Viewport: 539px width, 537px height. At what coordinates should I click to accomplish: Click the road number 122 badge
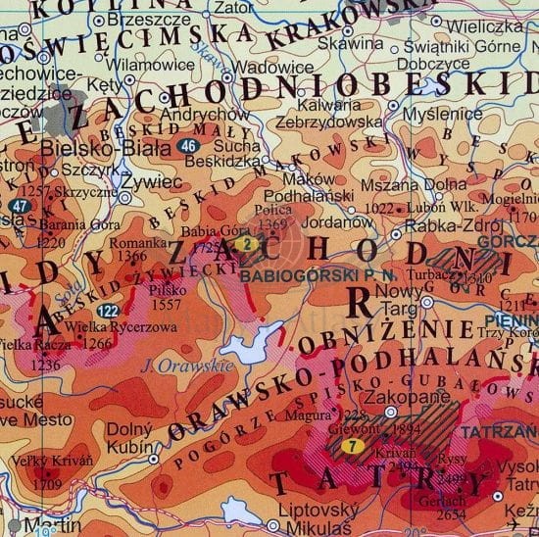(x=109, y=311)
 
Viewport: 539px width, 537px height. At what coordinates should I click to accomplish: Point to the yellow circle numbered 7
(x=350, y=448)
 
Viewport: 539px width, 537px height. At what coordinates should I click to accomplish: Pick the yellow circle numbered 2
(x=248, y=243)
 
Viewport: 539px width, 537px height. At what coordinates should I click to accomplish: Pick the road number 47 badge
(x=21, y=207)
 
